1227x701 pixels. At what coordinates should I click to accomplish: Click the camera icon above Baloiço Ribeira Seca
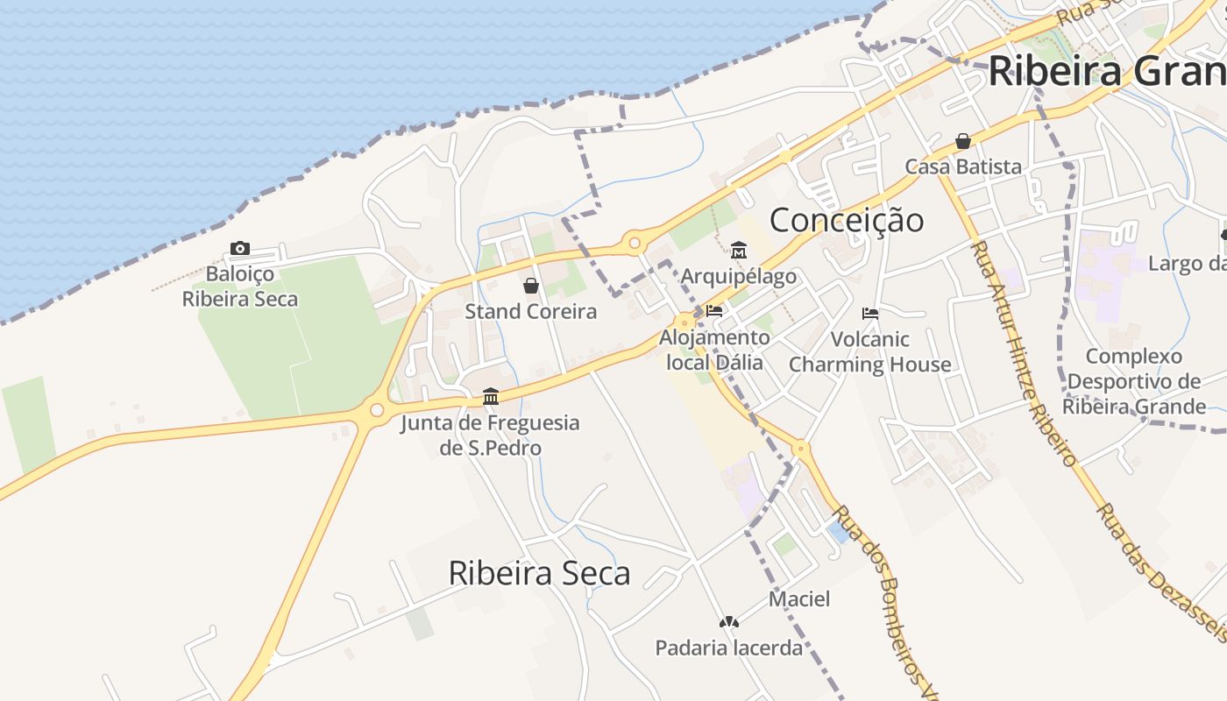(x=240, y=249)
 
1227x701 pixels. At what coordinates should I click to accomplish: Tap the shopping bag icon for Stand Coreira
(x=530, y=286)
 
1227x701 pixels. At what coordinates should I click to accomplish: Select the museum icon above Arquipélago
(x=739, y=251)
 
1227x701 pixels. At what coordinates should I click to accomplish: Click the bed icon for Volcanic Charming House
(x=870, y=313)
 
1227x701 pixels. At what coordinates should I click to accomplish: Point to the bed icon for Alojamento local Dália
(x=714, y=310)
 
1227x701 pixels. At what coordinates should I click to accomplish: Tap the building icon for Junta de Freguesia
(x=491, y=397)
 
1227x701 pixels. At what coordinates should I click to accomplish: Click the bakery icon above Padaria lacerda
(x=728, y=622)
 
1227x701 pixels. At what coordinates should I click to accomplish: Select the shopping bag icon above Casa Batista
(x=963, y=141)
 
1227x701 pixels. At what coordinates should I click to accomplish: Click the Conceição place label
(x=846, y=220)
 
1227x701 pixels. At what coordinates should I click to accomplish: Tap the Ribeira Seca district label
(x=539, y=573)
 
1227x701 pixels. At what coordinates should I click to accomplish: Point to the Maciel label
(x=799, y=599)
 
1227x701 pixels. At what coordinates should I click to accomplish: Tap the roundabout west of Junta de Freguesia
(x=377, y=409)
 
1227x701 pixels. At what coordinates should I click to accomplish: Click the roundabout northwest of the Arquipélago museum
(x=634, y=242)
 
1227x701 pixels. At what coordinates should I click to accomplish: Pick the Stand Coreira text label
(x=530, y=311)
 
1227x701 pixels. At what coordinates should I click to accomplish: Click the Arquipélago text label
(x=739, y=277)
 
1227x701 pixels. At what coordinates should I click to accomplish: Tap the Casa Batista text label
(x=963, y=166)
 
